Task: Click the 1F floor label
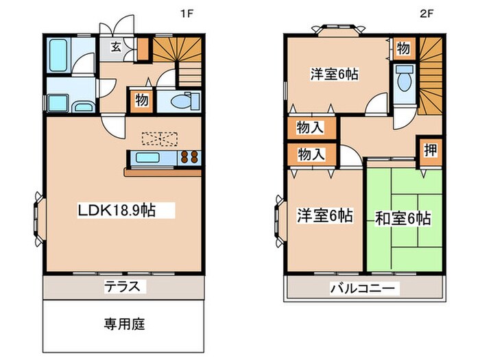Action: click(185, 13)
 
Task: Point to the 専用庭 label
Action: click(124, 323)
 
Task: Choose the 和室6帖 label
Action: click(403, 219)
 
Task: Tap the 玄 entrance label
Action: click(117, 47)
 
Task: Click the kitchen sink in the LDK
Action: click(147, 158)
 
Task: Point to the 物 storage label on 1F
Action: click(141, 99)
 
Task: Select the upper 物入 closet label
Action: click(310, 128)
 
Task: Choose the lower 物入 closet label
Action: click(310, 156)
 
